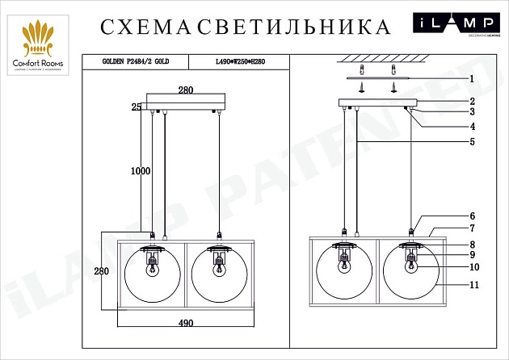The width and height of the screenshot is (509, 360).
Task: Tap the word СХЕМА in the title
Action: (x=148, y=27)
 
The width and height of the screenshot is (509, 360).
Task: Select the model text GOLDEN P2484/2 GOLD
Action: (x=134, y=61)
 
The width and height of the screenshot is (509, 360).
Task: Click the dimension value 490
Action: (x=186, y=324)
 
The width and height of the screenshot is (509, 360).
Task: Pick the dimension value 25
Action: (x=137, y=107)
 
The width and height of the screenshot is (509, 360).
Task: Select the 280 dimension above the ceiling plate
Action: (x=185, y=91)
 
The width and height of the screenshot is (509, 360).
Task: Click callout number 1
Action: (x=471, y=79)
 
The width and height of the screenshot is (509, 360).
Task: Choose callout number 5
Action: (x=471, y=142)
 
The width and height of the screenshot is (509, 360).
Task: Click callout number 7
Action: (x=471, y=230)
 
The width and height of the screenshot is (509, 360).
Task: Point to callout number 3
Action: (x=471, y=112)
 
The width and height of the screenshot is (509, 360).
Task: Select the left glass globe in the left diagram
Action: (x=152, y=274)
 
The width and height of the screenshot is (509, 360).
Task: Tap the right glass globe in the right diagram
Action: (x=410, y=274)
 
